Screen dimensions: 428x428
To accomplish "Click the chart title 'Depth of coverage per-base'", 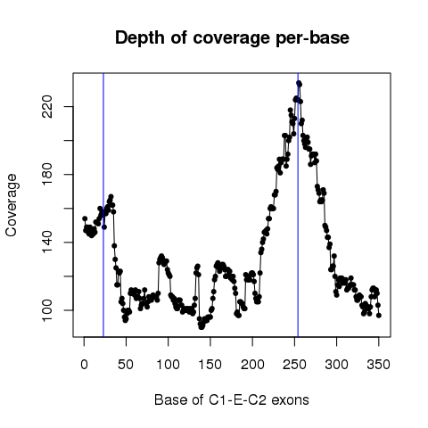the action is tap(232, 38).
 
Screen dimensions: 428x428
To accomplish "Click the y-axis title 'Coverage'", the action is tap(12, 205).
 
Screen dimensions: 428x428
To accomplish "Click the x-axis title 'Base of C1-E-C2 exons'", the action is tap(232, 399).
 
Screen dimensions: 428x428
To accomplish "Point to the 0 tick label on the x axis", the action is tap(84, 365).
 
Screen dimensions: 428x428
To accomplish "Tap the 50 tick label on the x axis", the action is tap(126, 365).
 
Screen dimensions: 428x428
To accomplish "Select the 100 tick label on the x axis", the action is tap(168, 365).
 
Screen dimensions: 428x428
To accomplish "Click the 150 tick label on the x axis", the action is tap(210, 365).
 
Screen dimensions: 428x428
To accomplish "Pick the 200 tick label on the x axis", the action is tap(252, 365).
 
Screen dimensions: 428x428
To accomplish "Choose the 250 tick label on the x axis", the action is tap(294, 365).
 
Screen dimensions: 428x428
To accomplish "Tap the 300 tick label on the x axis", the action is tap(336, 365).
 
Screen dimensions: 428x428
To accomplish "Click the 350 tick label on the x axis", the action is tap(379, 365).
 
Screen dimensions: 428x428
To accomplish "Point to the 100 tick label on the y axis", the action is tap(47, 310).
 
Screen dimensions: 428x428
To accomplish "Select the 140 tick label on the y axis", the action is tap(47, 243).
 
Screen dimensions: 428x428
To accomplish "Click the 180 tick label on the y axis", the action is tap(47, 174).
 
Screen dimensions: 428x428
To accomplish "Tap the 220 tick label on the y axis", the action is tap(47, 106).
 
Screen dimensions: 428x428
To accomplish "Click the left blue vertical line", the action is tap(103, 205).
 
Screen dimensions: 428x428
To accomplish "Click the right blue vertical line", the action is tap(298, 205).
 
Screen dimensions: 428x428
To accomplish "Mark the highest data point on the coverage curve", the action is tap(299, 83).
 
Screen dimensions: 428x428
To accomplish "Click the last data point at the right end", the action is tap(379, 316).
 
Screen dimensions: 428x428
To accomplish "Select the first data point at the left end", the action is tap(85, 218).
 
